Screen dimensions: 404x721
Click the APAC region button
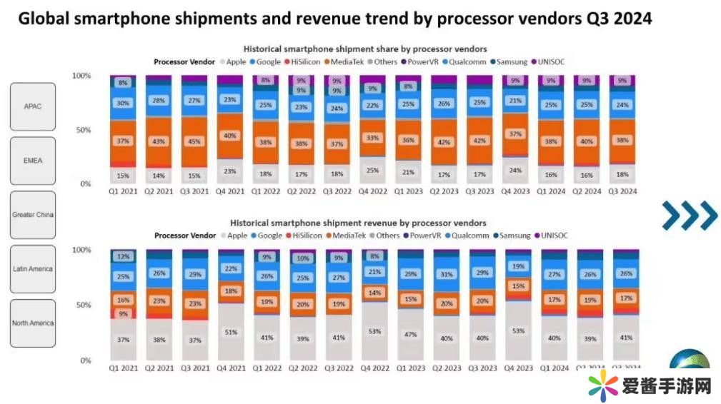[33, 106]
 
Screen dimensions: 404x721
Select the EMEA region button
[33, 161]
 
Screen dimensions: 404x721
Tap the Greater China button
[33, 215]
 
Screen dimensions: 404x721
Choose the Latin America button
[33, 269]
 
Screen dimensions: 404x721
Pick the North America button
[33, 323]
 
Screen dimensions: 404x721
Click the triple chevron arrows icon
[689, 216]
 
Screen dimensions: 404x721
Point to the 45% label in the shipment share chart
[194, 141]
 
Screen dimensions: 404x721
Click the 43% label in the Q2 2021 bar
[159, 141]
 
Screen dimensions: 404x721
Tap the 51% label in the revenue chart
[230, 331]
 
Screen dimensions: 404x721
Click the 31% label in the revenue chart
[445, 274]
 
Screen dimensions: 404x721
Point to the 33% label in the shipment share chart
[373, 138]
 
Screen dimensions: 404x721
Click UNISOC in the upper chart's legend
[552, 62]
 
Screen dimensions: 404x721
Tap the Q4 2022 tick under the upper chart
[373, 191]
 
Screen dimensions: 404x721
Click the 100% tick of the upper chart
[81, 76]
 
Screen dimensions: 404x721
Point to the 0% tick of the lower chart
[84, 360]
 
